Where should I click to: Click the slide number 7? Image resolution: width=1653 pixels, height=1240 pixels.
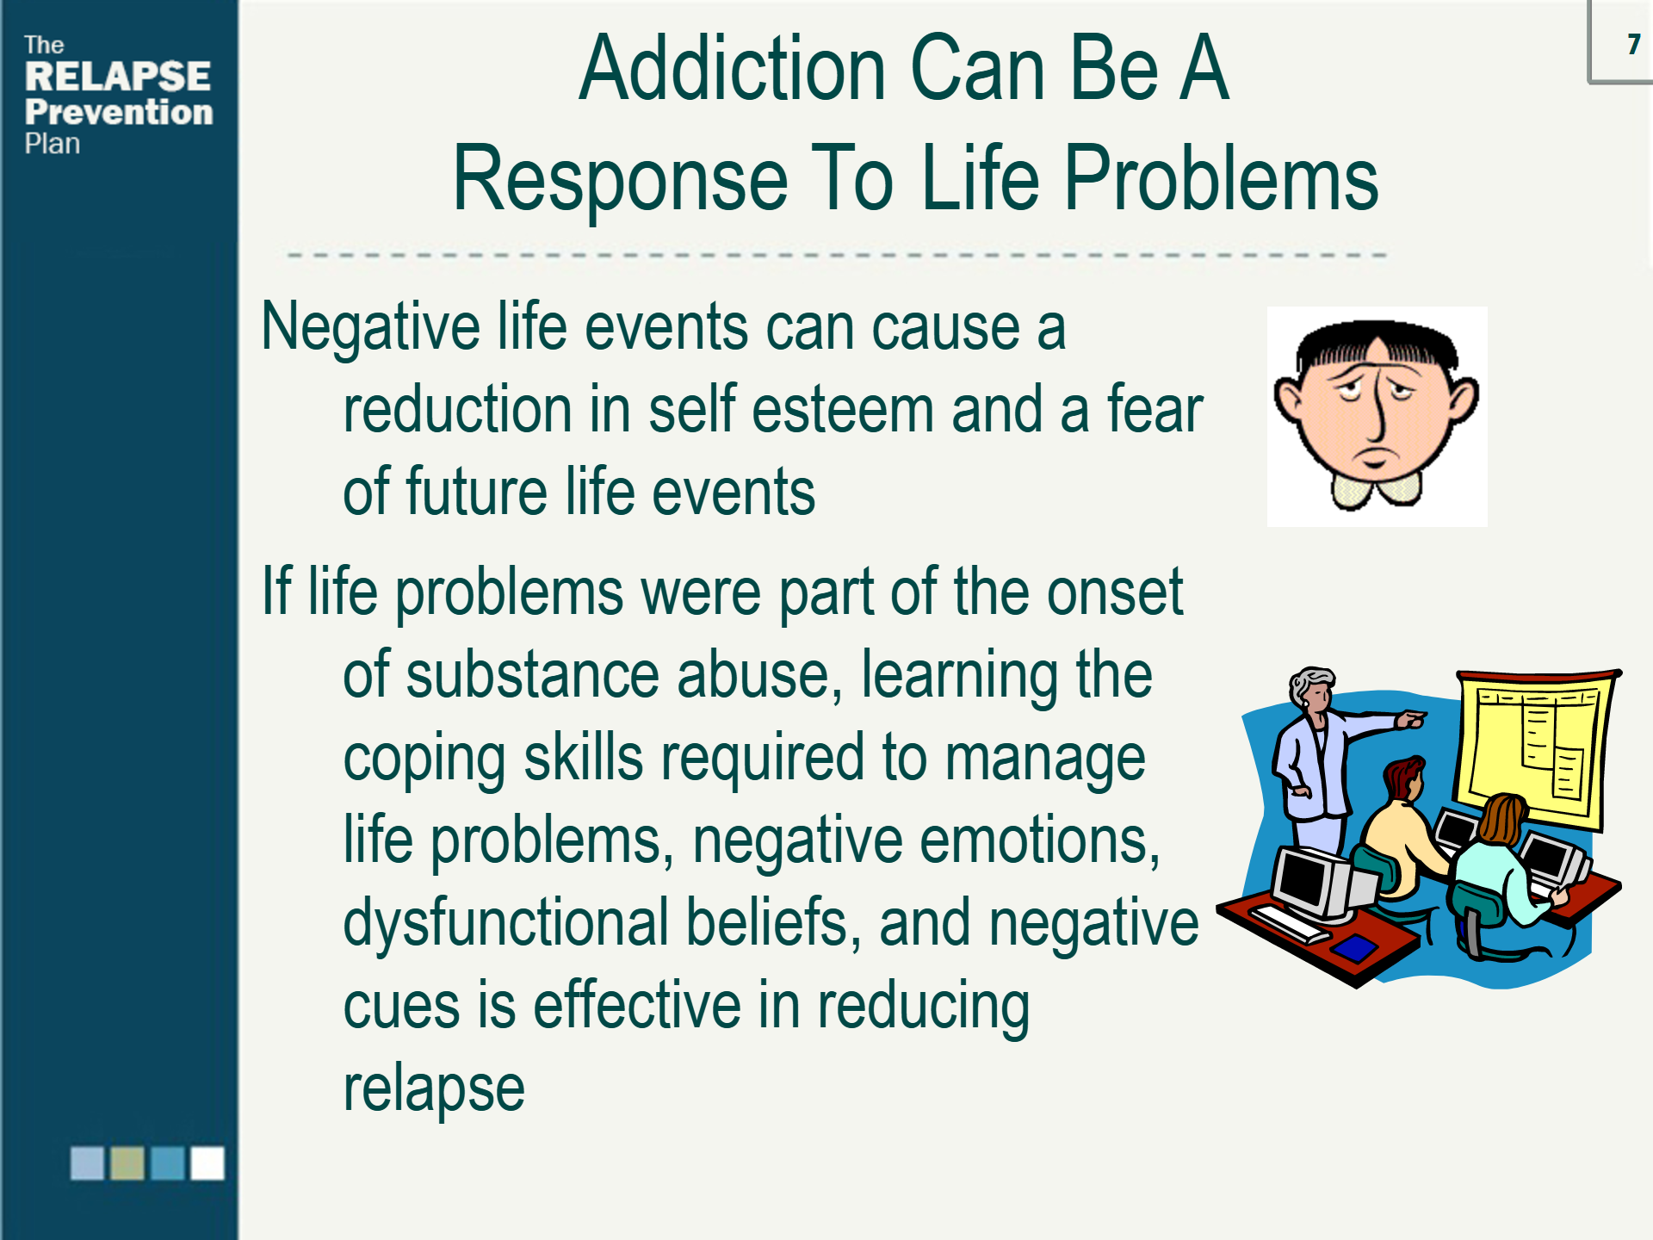1633,44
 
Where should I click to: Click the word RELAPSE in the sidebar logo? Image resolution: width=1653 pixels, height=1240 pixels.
118,77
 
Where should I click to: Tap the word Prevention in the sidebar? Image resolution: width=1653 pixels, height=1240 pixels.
119,112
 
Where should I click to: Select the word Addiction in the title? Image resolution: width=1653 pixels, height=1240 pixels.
733,68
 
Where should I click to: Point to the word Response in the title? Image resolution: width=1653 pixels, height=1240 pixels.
621,178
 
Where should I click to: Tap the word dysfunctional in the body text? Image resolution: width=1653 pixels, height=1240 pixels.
506,923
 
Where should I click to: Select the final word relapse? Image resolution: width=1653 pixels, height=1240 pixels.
434,1089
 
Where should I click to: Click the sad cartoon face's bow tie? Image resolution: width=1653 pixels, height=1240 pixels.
1377,490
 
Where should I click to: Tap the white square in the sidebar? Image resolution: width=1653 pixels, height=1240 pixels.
207,1162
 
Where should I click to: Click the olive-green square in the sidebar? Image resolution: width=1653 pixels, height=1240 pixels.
127,1162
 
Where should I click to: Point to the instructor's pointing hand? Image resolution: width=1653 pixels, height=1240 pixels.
1410,718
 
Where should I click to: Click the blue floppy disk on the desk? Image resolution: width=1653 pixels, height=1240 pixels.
1354,948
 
